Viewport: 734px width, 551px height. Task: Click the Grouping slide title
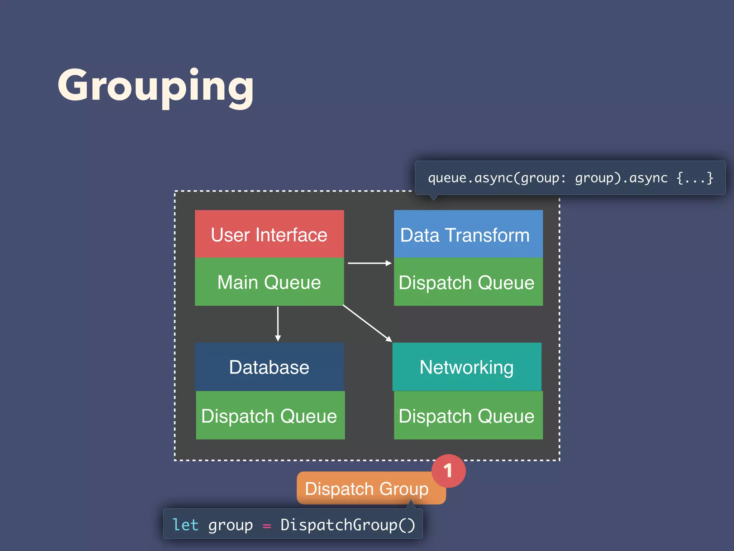[x=156, y=86]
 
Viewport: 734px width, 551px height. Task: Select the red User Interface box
[x=269, y=234]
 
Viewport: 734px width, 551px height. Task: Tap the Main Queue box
[x=269, y=282]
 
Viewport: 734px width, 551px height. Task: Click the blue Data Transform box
[x=468, y=234]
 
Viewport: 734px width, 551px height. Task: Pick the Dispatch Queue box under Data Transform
[x=468, y=282]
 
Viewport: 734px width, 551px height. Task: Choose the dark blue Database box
[x=269, y=367]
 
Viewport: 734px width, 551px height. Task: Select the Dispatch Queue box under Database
[x=270, y=415]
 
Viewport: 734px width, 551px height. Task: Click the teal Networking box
[x=467, y=367]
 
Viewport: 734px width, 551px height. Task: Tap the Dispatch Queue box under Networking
[x=468, y=415]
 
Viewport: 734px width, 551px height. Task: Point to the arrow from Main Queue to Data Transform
[x=369, y=263]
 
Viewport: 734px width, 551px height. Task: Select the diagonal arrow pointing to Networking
[x=367, y=323]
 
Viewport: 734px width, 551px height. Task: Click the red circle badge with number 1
[x=448, y=471]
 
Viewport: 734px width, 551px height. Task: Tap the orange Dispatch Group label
[x=367, y=489]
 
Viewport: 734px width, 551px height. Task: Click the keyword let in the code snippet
[x=185, y=525]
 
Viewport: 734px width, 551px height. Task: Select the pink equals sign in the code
[x=267, y=526]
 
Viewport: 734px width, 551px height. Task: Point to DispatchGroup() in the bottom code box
[x=348, y=525]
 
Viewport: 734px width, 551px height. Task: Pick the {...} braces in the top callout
[x=695, y=178]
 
